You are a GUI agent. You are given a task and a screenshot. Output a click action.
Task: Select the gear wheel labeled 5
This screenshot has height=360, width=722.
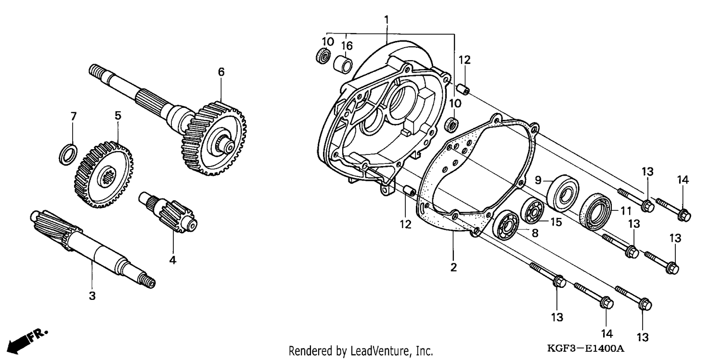(x=103, y=174)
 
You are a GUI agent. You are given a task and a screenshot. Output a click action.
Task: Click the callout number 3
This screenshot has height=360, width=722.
(x=92, y=296)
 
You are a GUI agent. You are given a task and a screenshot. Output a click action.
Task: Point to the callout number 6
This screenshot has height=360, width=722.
(x=221, y=72)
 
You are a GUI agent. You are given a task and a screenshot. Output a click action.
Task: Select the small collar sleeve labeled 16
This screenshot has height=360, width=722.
(x=343, y=65)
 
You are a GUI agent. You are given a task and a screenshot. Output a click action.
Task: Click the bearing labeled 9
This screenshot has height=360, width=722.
(x=563, y=193)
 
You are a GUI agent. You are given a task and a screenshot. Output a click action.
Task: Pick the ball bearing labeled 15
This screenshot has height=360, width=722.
(x=532, y=211)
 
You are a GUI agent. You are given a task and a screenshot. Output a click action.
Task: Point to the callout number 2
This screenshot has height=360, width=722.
(x=453, y=267)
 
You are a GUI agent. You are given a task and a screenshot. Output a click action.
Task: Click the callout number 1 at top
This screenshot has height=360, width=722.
(x=387, y=20)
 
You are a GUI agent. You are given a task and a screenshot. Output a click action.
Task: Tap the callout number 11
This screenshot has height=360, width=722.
(x=626, y=211)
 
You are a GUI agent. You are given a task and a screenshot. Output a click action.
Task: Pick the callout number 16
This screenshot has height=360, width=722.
(x=347, y=46)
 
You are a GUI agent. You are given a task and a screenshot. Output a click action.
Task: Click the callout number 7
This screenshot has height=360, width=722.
(x=74, y=116)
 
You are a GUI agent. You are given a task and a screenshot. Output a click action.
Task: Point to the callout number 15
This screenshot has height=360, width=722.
(x=556, y=222)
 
